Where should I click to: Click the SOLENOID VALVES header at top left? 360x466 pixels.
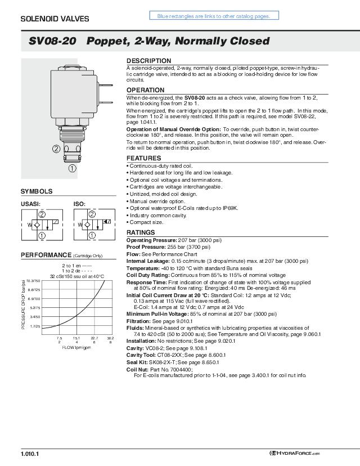tap(55, 19)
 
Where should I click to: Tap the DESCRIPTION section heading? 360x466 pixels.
tap(148, 61)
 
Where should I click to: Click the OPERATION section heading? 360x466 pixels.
tap(145, 90)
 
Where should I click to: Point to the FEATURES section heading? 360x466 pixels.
tap(143, 159)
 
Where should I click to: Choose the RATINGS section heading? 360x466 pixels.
tap(141, 232)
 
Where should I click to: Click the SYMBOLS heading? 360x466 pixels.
tap(37, 191)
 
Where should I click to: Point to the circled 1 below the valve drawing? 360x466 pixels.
tap(73, 167)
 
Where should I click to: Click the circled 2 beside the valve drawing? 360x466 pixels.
tap(56, 149)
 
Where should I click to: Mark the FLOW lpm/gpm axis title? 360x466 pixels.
tap(76, 347)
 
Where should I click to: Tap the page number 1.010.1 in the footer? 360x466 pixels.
tap(30, 453)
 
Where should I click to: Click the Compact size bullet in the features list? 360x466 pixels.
tap(146, 222)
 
